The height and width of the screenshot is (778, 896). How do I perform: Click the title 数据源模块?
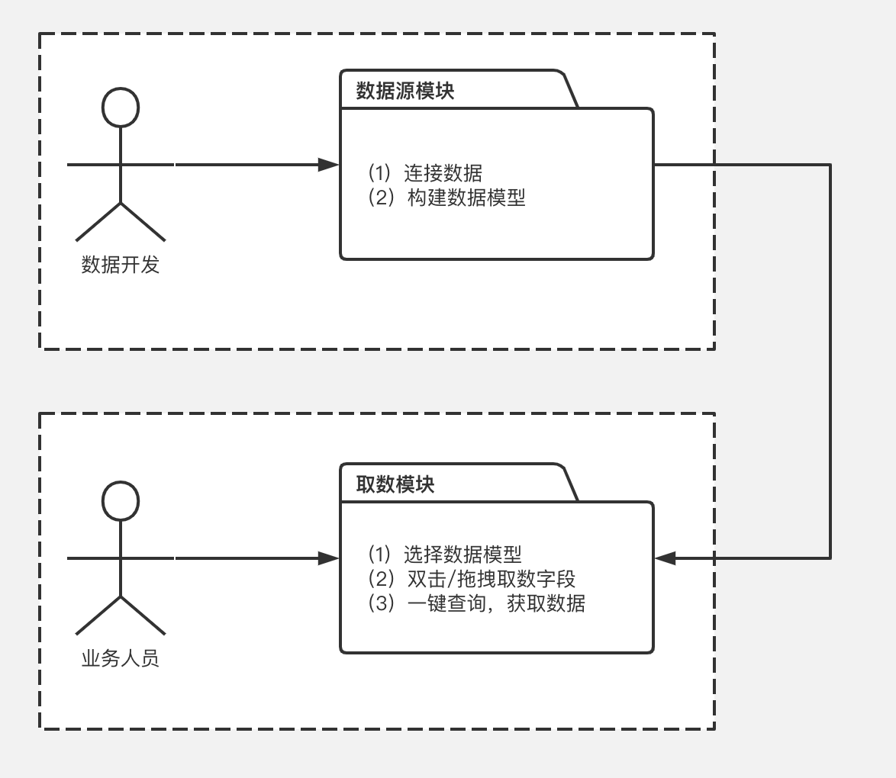pyautogui.click(x=405, y=92)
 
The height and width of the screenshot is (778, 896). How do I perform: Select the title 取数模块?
pyautogui.click(x=395, y=484)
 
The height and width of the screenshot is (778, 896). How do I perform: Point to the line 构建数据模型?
pyautogui.click(x=446, y=198)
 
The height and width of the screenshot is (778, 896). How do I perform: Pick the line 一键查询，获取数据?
pyautogui.click(x=476, y=603)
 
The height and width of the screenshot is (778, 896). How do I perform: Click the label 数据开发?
pyautogui.click(x=121, y=265)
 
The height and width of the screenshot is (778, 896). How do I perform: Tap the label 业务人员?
pyautogui.click(x=121, y=658)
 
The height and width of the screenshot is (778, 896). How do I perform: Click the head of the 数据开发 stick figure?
pyautogui.click(x=121, y=107)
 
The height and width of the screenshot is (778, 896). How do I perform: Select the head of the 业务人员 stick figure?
pyautogui.click(x=121, y=500)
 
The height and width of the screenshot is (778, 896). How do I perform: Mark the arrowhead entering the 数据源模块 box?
pyautogui.click(x=329, y=164)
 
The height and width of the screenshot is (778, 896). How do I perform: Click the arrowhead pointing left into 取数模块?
pyautogui.click(x=666, y=558)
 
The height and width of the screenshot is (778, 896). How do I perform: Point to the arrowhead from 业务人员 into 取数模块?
pyautogui.click(x=329, y=558)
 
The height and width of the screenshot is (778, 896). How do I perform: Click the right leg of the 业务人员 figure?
pyautogui.click(x=143, y=616)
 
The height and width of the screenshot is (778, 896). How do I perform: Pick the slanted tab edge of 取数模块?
pyautogui.click(x=571, y=484)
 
